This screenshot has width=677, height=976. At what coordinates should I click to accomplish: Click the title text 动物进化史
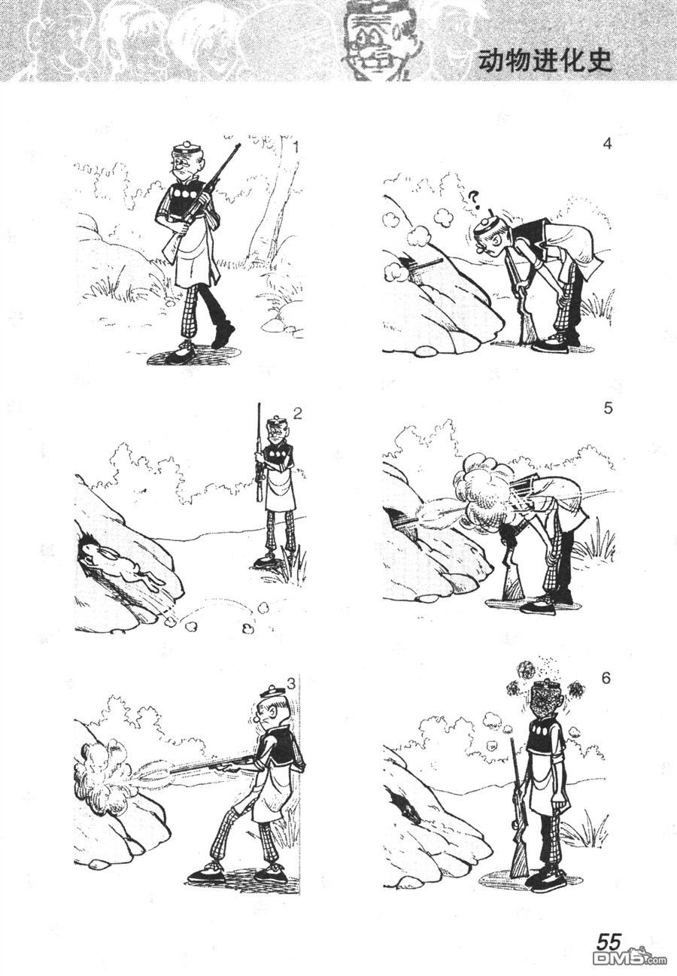click(x=545, y=62)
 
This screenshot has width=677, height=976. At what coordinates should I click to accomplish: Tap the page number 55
click(x=608, y=941)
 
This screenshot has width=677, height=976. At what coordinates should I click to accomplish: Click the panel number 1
click(x=296, y=147)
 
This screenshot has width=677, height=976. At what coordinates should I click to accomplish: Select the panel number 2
click(x=297, y=413)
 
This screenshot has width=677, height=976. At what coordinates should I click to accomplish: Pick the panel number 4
click(x=608, y=144)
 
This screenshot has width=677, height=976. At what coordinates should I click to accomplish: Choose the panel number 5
click(x=608, y=409)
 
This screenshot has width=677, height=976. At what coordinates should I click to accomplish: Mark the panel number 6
click(x=606, y=679)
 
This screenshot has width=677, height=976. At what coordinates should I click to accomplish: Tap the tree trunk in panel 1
click(x=269, y=209)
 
